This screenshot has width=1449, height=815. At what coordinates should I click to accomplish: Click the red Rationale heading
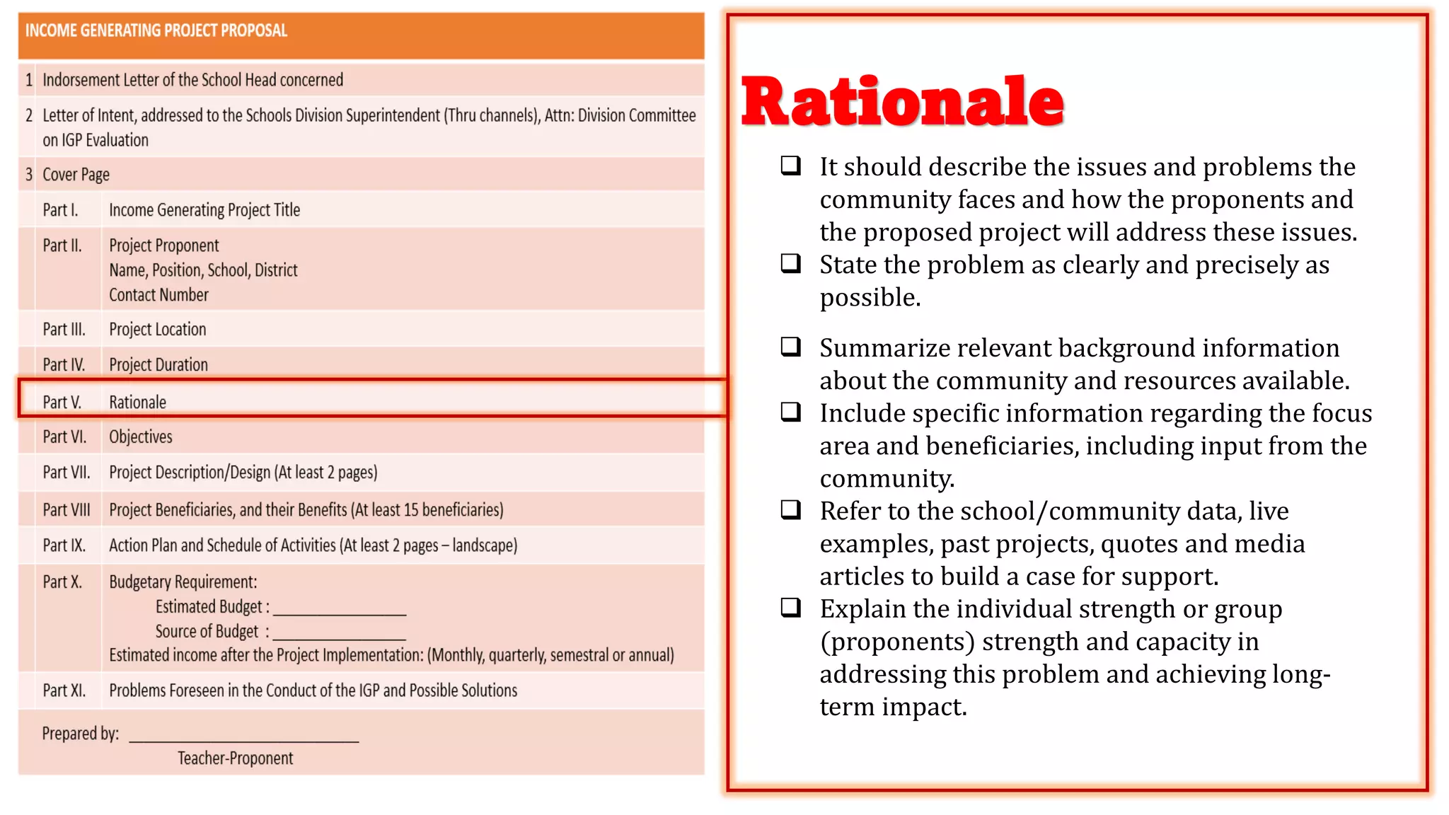(901, 103)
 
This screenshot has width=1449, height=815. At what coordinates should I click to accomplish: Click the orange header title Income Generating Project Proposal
(156, 30)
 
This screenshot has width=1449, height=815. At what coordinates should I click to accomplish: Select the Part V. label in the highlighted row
(62, 403)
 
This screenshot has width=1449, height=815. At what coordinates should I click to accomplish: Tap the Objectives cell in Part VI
(140, 437)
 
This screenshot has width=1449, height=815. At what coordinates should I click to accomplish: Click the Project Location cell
(157, 330)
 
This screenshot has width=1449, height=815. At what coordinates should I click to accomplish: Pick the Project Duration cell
(158, 365)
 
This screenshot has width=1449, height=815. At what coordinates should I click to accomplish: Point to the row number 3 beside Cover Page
(29, 175)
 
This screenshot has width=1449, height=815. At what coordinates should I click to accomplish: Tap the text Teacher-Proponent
(235, 758)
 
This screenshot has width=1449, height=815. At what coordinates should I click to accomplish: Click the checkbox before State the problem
(790, 264)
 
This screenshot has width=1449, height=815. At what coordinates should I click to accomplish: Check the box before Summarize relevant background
(790, 347)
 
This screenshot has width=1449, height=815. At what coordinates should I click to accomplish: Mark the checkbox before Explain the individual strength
(790, 607)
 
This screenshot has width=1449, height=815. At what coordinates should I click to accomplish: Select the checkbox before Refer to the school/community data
(790, 509)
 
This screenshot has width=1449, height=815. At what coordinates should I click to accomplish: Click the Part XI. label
(64, 690)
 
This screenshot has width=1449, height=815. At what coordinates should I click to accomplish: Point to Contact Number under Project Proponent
(158, 295)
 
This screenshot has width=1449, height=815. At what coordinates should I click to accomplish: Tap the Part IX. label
(64, 545)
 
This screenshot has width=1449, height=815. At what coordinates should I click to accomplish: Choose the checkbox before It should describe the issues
(790, 166)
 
